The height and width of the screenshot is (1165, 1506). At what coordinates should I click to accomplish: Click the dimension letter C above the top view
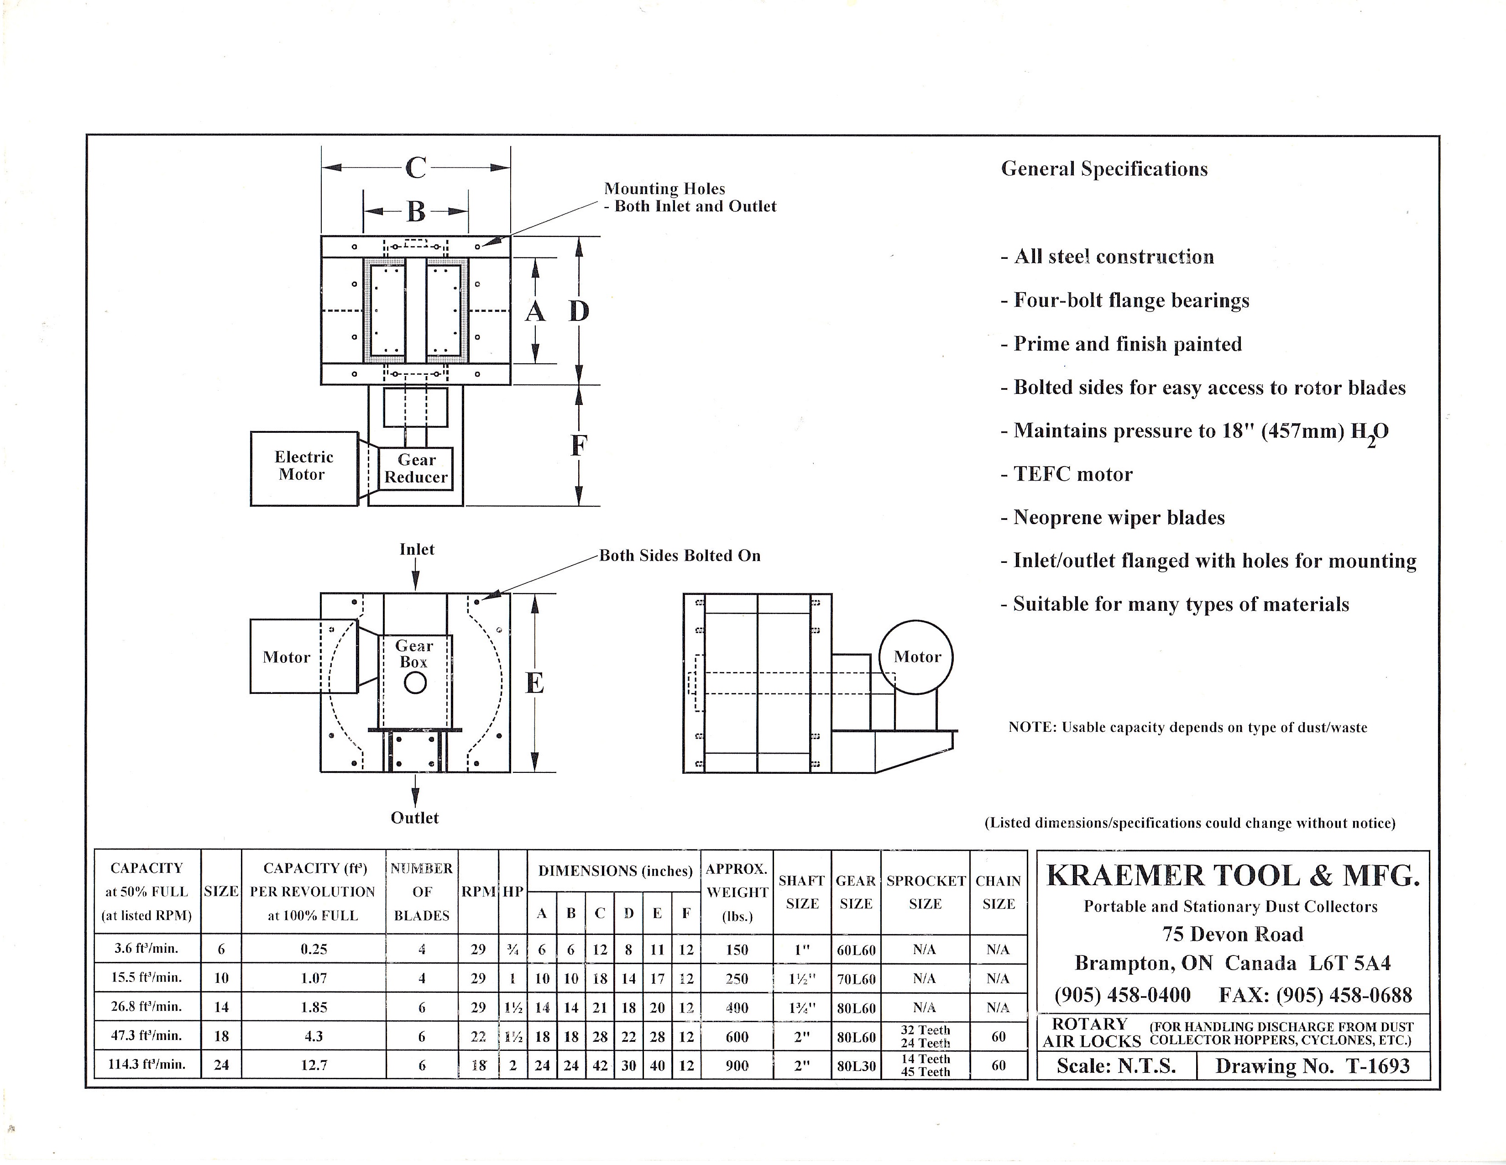pos(416,168)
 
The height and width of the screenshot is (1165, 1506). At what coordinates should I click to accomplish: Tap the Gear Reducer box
pos(416,468)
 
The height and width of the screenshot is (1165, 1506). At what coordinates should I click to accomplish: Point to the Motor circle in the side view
pos(916,656)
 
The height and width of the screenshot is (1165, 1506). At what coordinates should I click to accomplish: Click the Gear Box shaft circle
pos(415,683)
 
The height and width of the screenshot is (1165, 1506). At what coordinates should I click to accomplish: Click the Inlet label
pos(417,549)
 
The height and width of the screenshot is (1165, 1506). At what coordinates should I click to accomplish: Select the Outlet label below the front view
pos(414,817)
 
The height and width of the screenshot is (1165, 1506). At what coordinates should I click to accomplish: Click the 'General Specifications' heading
pos(1104,169)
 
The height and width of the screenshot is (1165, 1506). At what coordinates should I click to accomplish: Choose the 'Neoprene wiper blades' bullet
pos(1113,517)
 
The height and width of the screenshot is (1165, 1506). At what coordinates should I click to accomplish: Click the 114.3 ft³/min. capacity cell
pos(147,1064)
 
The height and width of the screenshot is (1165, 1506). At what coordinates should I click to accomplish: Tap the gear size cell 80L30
pos(856,1065)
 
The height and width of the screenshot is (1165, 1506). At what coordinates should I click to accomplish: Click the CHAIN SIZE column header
pos(998,892)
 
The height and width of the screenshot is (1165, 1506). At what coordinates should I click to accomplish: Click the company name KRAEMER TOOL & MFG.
pos(1233,876)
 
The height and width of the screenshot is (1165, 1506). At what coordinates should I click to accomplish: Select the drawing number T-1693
pos(1312,1065)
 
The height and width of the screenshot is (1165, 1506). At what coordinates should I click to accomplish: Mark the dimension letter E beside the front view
pos(534,683)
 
